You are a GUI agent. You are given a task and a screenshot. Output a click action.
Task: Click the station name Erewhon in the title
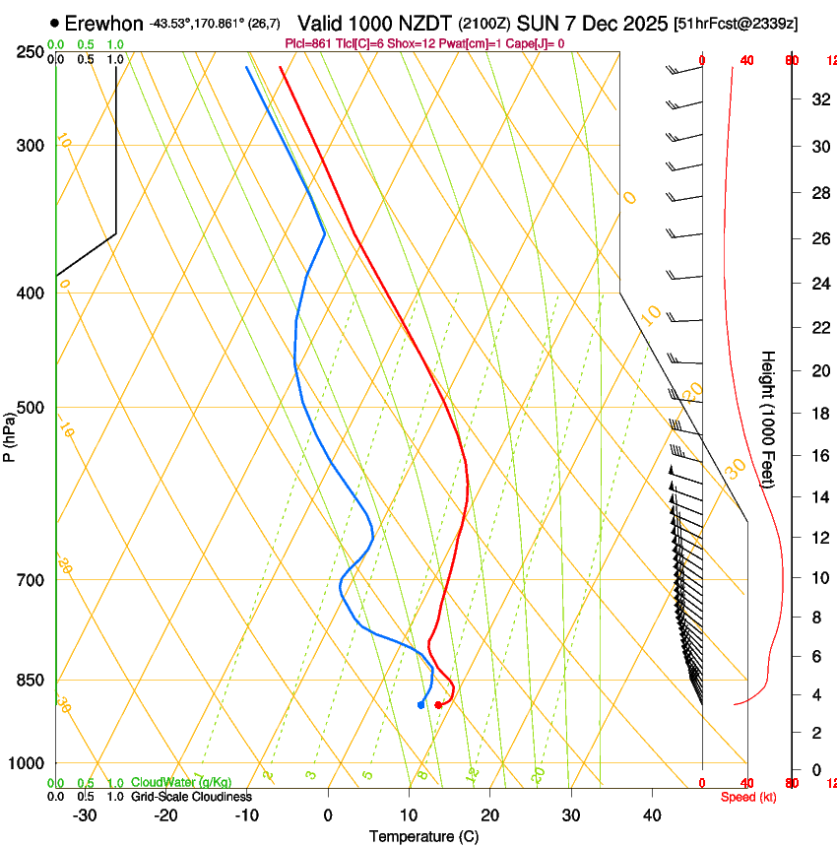pyautogui.click(x=103, y=24)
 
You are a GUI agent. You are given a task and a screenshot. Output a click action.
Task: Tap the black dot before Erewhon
pyautogui.click(x=53, y=23)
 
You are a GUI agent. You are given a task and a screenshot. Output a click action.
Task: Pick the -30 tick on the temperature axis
pyautogui.click(x=85, y=815)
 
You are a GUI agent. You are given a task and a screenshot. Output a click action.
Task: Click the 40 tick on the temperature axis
pyautogui.click(x=652, y=815)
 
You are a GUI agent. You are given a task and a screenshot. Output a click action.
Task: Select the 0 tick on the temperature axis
pyautogui.click(x=328, y=815)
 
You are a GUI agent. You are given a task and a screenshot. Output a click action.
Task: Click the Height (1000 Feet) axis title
pyautogui.click(x=768, y=419)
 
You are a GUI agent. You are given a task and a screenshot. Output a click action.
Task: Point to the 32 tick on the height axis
pyautogui.click(x=819, y=98)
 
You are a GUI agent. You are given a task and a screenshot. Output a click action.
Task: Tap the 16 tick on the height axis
pyautogui.click(x=819, y=456)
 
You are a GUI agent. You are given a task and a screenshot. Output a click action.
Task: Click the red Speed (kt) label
pyautogui.click(x=748, y=797)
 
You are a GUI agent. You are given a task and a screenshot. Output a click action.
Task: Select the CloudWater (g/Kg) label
pyautogui.click(x=181, y=783)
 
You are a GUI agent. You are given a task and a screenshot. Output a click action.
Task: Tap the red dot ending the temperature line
pyautogui.click(x=438, y=704)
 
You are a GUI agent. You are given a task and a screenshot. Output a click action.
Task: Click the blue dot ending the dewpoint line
pyautogui.click(x=420, y=704)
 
